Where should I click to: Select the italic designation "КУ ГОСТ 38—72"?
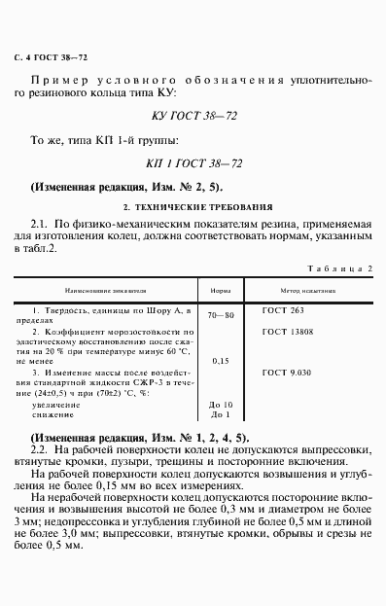coord(193,116)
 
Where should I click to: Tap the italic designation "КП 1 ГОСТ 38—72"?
coord(193,164)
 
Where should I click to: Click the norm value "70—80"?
coord(222,316)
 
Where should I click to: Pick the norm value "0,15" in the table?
coord(220,361)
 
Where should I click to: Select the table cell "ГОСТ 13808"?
coord(287,332)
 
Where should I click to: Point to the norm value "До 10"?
coord(221,403)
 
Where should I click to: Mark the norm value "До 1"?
coord(220,413)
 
